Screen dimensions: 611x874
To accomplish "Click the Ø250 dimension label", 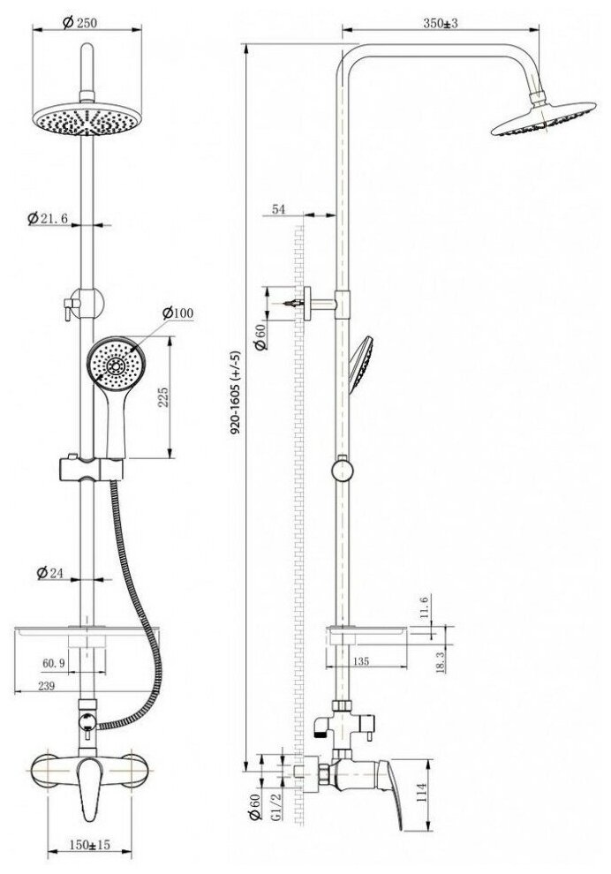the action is tap(81, 25).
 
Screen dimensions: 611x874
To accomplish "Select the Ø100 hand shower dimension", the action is tap(179, 313).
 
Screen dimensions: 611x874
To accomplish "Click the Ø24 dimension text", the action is tap(49, 573).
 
